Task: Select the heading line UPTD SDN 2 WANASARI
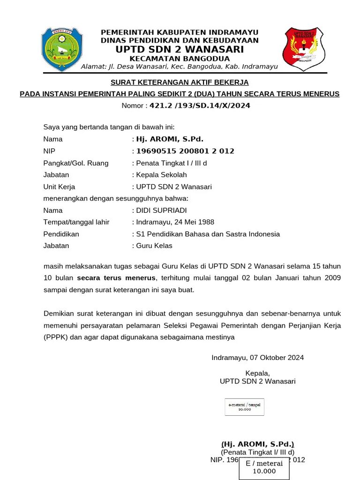coord(180,49)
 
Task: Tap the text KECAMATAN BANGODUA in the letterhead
coord(180,59)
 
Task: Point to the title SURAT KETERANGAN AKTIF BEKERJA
coord(180,82)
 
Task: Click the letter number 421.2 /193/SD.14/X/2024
coord(200,105)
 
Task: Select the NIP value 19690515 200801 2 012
coord(185,151)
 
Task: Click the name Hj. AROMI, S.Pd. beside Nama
coord(170,139)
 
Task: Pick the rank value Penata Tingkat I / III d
coord(172,163)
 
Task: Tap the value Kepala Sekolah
coord(161,175)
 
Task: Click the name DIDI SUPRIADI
coord(161,210)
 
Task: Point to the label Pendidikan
coord(61,234)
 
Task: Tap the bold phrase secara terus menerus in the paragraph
coord(116,278)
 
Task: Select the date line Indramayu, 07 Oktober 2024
coord(257,358)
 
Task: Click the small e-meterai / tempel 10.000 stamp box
coord(244,406)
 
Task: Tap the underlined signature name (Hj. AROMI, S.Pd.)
coord(258,444)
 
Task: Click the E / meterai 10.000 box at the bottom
coord(264,467)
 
